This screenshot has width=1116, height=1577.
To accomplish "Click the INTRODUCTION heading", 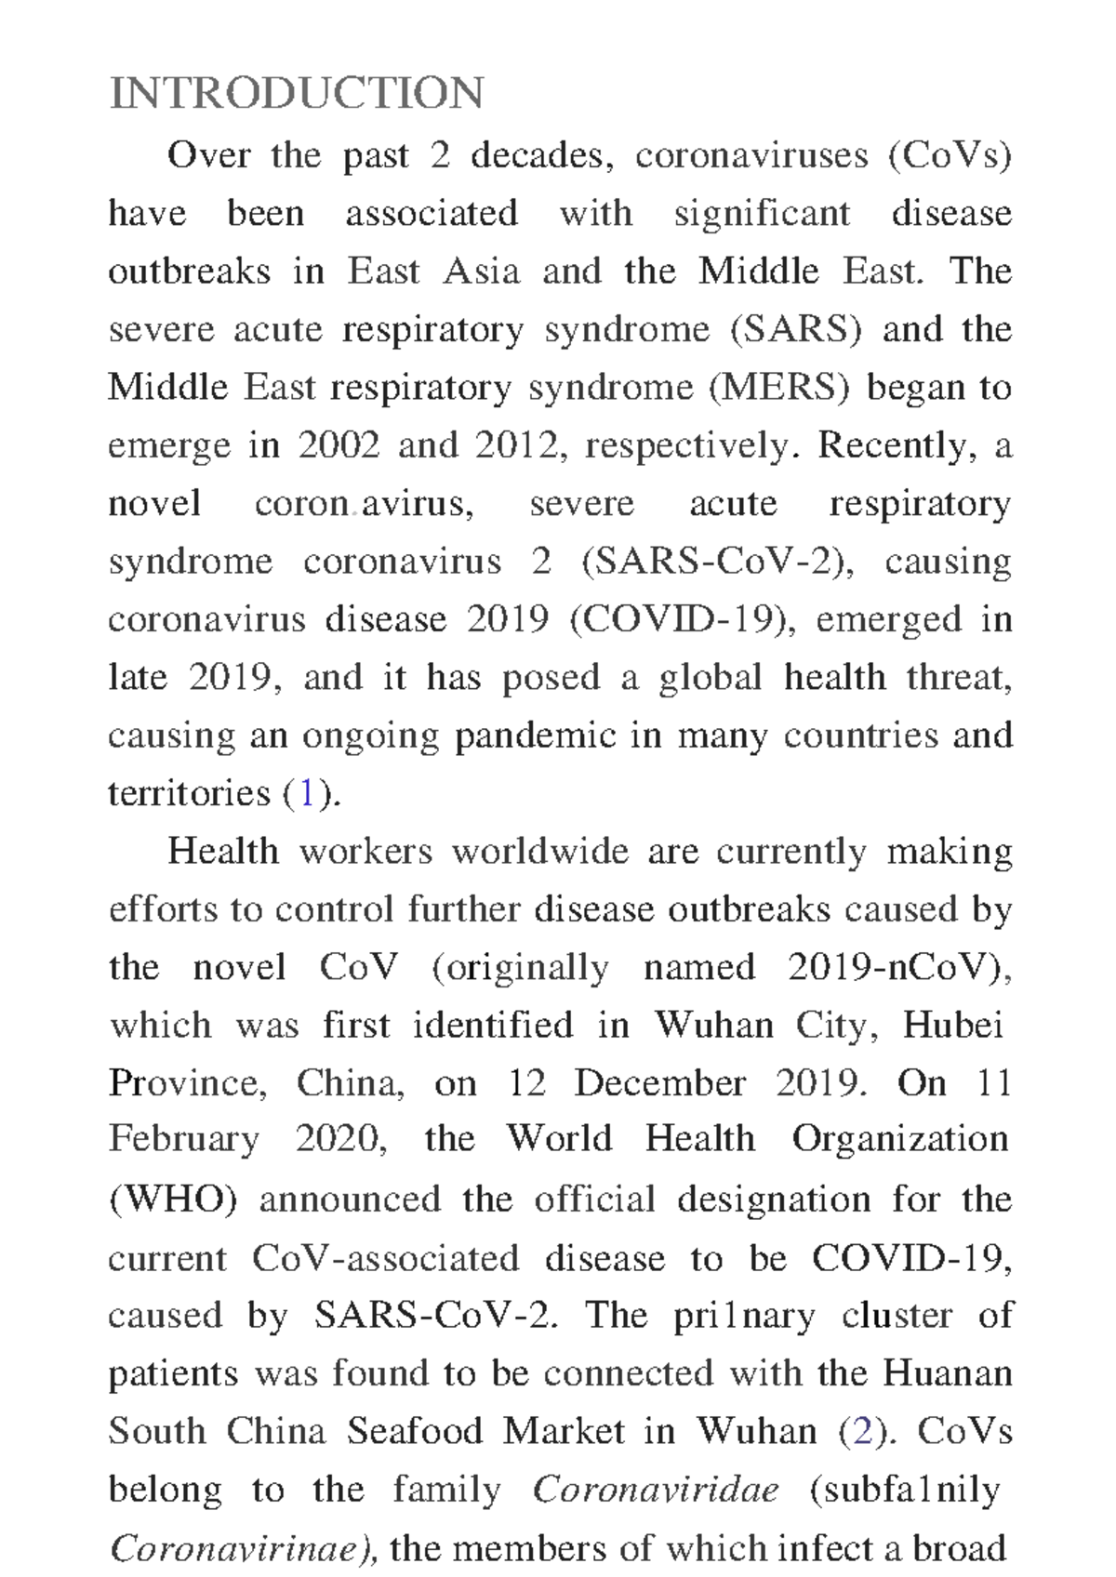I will coord(296,94).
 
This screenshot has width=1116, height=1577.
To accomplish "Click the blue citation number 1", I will coord(306,793).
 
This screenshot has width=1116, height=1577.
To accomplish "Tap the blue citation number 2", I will coord(862,1431).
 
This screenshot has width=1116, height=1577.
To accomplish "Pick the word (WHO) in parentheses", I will coord(173,1199).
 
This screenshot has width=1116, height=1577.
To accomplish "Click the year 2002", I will coord(339,445).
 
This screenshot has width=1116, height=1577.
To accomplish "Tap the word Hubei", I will coord(953,1026).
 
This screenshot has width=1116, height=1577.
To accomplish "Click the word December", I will coord(659,1083).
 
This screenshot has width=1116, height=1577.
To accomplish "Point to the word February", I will coord(183,1140).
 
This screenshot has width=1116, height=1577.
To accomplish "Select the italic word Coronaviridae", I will coord(656,1490).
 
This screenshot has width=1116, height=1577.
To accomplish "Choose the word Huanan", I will coord(948,1373).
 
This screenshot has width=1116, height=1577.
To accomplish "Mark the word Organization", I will coord(900,1140).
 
